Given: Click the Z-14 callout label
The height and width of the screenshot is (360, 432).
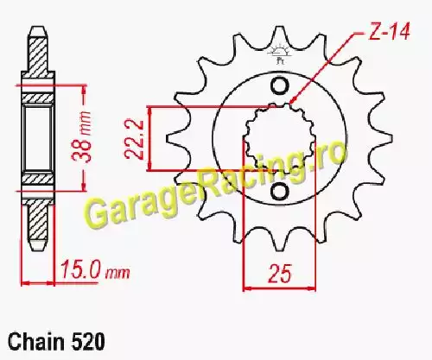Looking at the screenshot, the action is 390,31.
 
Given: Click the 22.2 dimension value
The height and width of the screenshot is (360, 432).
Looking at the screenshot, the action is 134,139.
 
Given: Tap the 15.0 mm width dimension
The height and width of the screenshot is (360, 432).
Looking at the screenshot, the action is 95,270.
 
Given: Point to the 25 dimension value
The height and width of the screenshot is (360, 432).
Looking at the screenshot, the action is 280,273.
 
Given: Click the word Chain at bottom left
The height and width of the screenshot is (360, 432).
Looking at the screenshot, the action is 36,342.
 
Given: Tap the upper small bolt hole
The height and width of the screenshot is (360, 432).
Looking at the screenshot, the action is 279,85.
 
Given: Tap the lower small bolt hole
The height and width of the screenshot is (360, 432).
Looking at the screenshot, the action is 279,192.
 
